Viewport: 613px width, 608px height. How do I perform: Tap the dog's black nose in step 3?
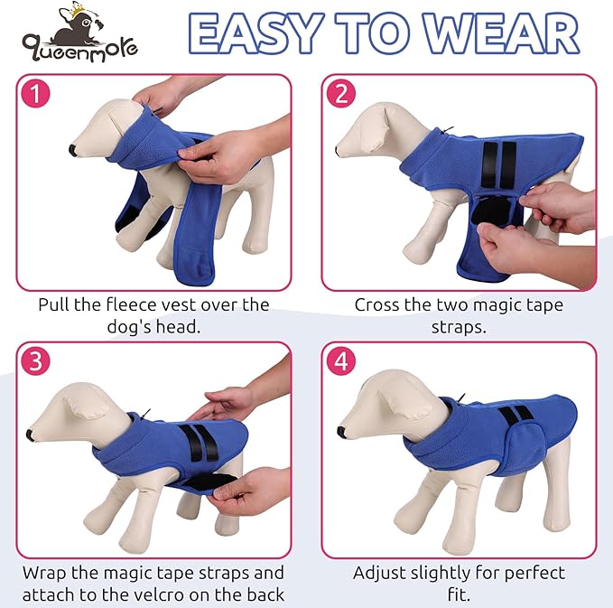pos(33,435)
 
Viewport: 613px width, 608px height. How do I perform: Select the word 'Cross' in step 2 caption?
pos(378,305)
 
